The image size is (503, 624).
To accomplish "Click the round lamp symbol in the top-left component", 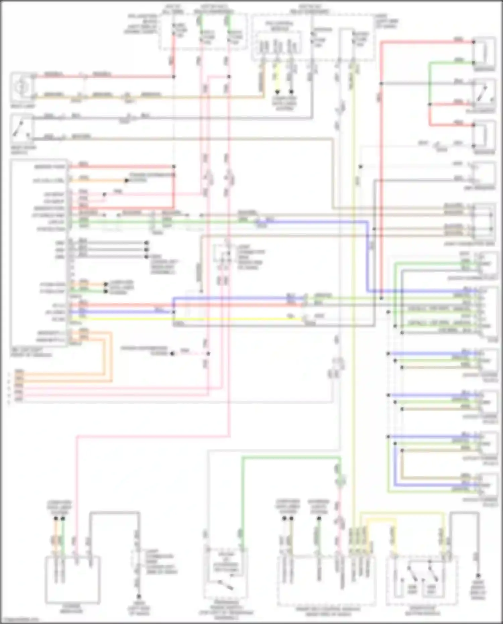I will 21,86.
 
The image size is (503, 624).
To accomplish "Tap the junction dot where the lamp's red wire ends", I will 173,77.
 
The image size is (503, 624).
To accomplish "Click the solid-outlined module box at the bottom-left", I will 72,579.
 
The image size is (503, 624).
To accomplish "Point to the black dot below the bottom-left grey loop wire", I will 138,596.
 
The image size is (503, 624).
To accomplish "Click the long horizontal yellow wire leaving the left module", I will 188,319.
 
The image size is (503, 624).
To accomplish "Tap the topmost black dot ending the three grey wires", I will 146,243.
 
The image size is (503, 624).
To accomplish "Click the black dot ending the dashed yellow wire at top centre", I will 277,92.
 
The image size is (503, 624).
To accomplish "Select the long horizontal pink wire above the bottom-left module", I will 151,437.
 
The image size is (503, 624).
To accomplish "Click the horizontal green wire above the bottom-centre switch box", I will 288,457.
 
